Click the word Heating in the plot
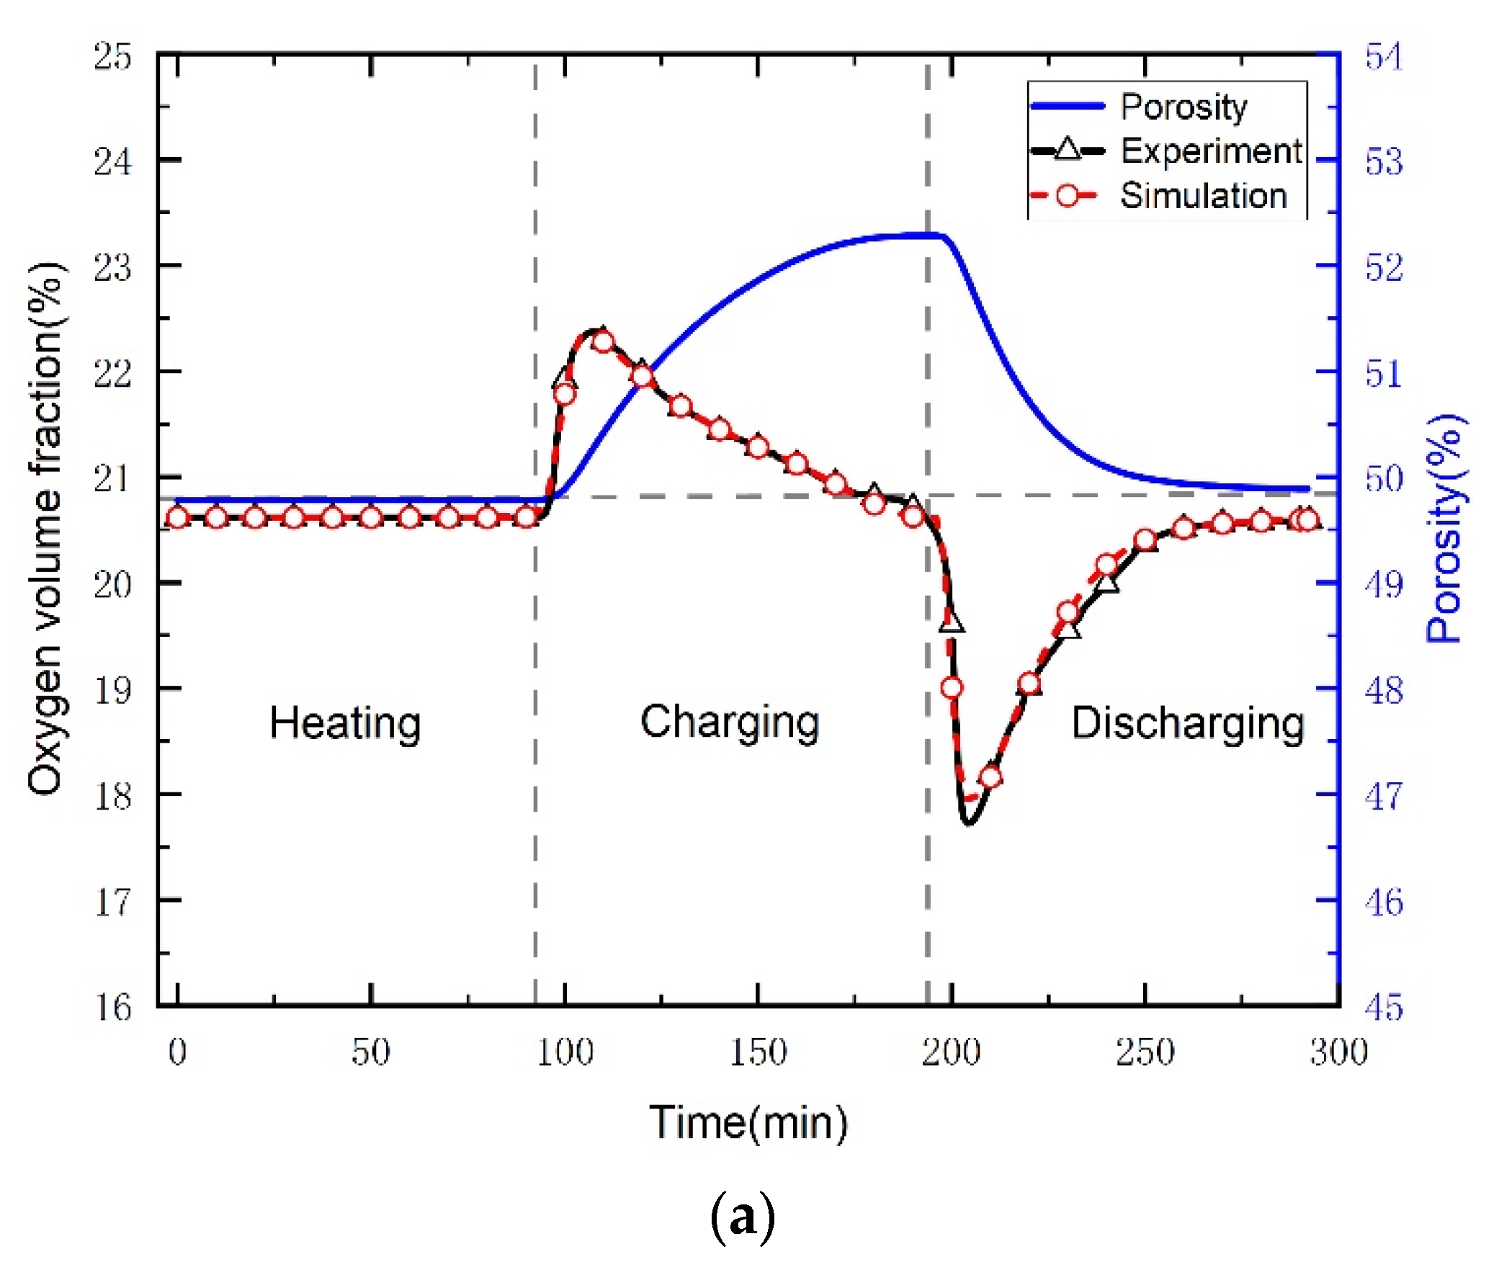pyautogui.click(x=345, y=722)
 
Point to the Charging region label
pyautogui.click(x=729, y=720)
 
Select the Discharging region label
pyautogui.click(x=1187, y=722)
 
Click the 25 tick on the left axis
pyautogui.click(x=113, y=55)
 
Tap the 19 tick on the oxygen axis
pyautogui.click(x=113, y=689)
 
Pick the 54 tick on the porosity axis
pyautogui.click(x=1383, y=56)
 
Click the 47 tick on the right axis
pyautogui.click(x=1383, y=796)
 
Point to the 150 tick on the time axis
pyautogui.click(x=758, y=1052)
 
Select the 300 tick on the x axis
pyautogui.click(x=1338, y=1052)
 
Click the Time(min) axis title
pyautogui.click(x=748, y=1122)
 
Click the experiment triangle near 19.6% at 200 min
pyautogui.click(x=951, y=620)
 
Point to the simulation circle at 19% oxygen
pyautogui.click(x=952, y=687)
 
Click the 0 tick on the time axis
pyautogui.click(x=177, y=1052)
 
